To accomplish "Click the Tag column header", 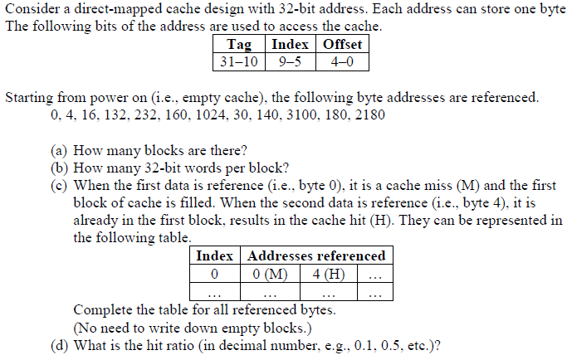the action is pyautogui.click(x=239, y=44).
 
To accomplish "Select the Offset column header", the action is pyautogui.click(x=342, y=44).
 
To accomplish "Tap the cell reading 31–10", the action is pyautogui.click(x=239, y=62).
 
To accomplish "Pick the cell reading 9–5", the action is pyautogui.click(x=290, y=62).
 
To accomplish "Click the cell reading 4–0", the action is pyautogui.click(x=342, y=62).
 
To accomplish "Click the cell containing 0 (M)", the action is pyautogui.click(x=270, y=274).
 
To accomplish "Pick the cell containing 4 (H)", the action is pyautogui.click(x=329, y=274).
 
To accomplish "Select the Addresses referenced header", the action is pyautogui.click(x=316, y=256).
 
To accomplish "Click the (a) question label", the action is pyautogui.click(x=59, y=150).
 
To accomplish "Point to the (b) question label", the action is pyautogui.click(x=59, y=168).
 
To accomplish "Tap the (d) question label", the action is pyautogui.click(x=59, y=346).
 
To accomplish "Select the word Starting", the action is pyautogui.click(x=29, y=98).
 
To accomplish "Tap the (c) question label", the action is pyautogui.click(x=59, y=186).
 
